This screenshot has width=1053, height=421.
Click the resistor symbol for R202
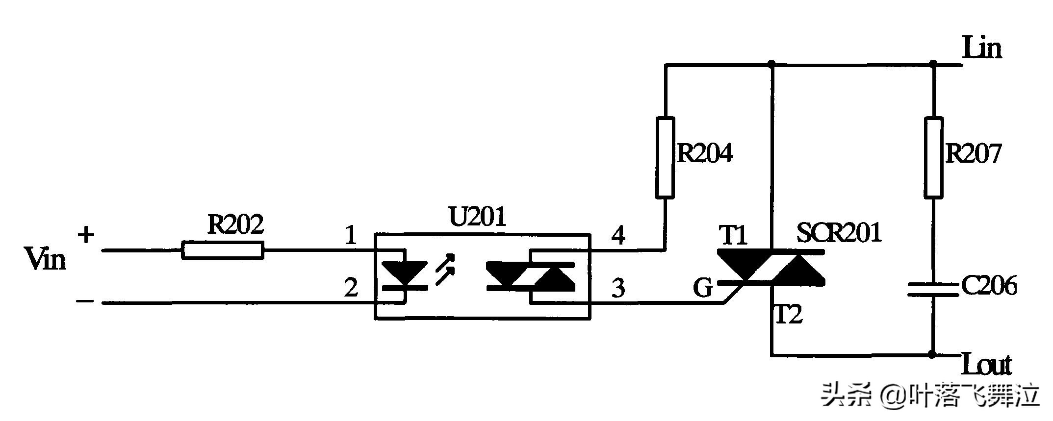223,250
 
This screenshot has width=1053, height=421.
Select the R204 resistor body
665,157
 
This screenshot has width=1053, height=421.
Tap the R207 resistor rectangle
933,157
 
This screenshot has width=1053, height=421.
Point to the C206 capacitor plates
933,290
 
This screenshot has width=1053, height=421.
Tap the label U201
477,217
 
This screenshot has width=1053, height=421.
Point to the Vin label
45,259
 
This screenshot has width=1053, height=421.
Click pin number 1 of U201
350,236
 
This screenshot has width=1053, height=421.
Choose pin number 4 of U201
618,236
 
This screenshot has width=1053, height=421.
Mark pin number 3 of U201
618,288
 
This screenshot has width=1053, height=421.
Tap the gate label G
702,288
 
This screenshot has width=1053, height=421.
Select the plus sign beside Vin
86,235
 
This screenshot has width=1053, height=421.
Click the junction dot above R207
933,64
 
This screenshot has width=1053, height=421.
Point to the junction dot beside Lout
932,354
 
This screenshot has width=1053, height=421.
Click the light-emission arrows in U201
444,270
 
